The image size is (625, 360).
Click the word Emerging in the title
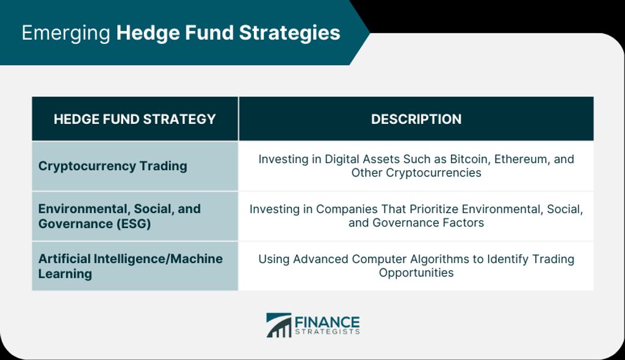tap(66, 34)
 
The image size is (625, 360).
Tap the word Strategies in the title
tap(289, 34)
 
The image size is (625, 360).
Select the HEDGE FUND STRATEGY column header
tap(135, 119)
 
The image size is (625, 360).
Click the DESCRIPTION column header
tap(416, 119)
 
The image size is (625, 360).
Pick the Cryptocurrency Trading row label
tap(113, 166)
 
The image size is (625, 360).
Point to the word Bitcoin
tap(470, 159)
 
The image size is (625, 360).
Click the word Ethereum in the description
tap(522, 159)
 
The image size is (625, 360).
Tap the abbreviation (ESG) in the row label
tap(134, 224)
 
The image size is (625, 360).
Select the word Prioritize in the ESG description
tap(434, 209)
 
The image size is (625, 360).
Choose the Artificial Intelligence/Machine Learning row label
tap(131, 266)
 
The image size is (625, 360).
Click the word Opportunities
tap(416, 273)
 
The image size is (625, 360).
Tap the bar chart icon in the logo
tap(278, 325)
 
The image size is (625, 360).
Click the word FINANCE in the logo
tap(327, 322)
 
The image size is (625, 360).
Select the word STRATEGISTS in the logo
tap(327, 332)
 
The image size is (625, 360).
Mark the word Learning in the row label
tap(65, 274)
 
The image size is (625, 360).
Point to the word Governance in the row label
tap(76, 224)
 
